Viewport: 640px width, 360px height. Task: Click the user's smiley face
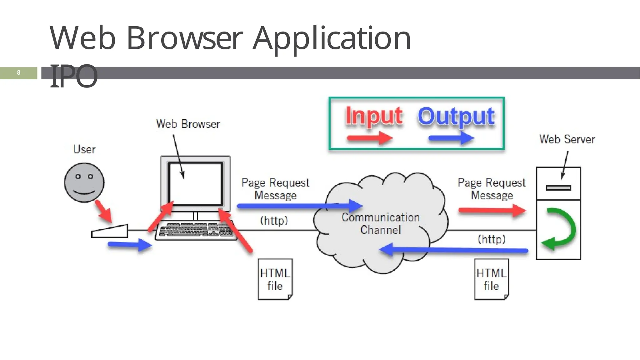84,182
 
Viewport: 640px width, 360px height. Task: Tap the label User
84,149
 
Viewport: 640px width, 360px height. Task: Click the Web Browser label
188,124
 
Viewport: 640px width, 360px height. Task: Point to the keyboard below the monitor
196,231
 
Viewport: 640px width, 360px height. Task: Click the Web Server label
567,139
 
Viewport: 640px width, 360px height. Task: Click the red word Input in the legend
374,116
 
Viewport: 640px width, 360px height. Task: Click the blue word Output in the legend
456,117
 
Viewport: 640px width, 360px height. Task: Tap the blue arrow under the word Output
451,138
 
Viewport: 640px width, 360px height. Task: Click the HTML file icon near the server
491,279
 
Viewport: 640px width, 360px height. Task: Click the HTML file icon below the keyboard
275,279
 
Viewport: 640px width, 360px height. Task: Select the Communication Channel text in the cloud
380,224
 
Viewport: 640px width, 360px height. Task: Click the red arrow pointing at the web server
492,210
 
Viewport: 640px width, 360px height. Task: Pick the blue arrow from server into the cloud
453,250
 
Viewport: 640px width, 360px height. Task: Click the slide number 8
18,73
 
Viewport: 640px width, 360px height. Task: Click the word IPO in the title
74,76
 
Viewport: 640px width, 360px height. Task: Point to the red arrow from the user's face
104,212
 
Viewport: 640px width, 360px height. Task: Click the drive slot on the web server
558,188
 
